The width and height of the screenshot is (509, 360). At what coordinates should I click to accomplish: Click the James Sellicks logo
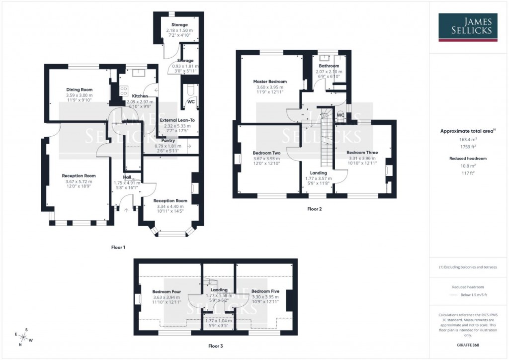469,27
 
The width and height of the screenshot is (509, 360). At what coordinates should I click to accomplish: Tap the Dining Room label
80,90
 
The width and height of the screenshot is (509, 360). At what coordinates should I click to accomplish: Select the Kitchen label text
140,95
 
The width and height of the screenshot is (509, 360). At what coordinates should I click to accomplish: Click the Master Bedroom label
269,82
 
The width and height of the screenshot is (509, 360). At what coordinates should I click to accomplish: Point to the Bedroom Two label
267,153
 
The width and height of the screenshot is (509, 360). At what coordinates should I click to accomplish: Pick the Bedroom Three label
362,153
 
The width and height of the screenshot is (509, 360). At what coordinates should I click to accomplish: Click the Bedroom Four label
167,292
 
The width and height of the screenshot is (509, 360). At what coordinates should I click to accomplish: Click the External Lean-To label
178,120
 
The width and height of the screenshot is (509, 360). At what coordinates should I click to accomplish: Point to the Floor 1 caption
118,247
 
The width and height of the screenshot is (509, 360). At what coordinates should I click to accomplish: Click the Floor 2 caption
314,209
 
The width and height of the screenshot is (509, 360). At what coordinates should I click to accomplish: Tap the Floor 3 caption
215,345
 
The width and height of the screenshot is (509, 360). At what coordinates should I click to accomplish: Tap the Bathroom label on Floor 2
329,66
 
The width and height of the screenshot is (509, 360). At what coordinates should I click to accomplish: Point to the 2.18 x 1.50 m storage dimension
179,30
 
